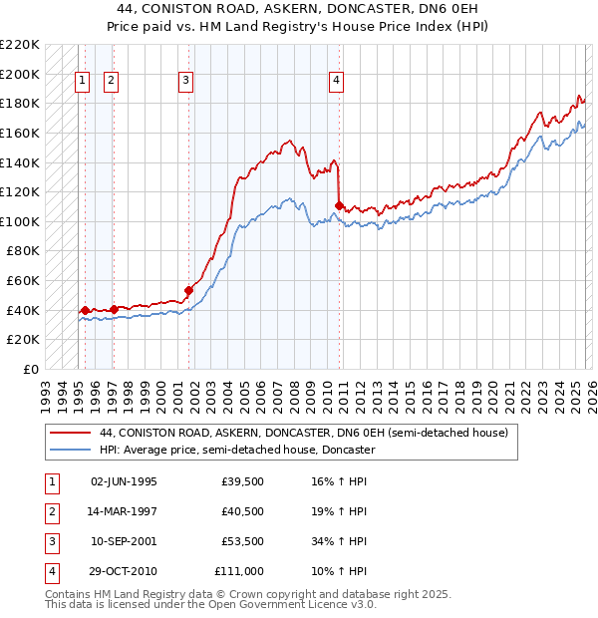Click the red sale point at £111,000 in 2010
[340, 205]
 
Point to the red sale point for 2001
[188, 290]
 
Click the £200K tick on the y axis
[20, 74]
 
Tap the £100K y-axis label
[20, 221]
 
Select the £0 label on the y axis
[30, 369]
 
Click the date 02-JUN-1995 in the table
[124, 481]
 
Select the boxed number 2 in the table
[51, 511]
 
